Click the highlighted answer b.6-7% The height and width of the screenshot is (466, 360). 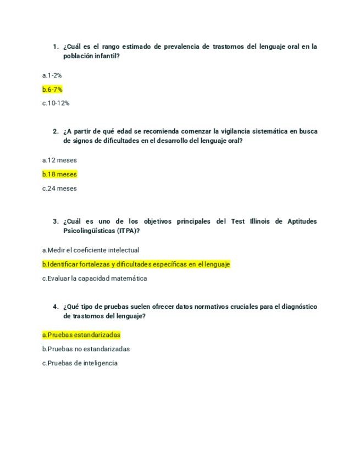coord(52,89)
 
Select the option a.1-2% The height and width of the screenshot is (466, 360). coord(52,75)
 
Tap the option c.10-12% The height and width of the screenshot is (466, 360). coord(56,103)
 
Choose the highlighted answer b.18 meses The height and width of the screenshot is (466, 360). coord(59,174)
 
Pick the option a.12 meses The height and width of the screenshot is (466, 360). coord(59,160)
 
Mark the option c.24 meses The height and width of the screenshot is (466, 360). coord(59,188)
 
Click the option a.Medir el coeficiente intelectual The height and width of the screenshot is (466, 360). coord(91,250)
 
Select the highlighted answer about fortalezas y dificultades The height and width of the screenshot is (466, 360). coord(136,264)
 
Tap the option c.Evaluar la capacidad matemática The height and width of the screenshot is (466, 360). coord(95,279)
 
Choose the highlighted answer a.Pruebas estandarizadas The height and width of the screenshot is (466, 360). coord(81,335)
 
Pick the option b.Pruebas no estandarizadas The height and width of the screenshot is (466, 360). coord(86,349)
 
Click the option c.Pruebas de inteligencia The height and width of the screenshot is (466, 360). coord(80,363)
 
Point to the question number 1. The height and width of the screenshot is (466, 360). coord(56,47)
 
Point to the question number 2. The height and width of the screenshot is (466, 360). coord(56,131)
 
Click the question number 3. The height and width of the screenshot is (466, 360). coord(56,221)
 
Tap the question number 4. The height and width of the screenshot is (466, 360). coord(56,307)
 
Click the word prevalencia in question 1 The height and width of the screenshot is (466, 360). coord(184,47)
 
